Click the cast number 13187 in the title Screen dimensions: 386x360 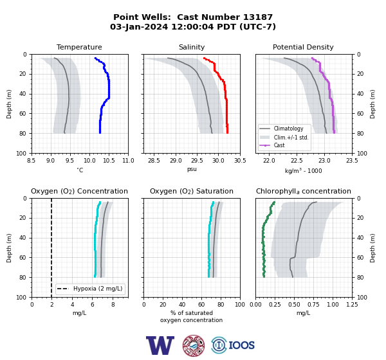click(x=258, y=17)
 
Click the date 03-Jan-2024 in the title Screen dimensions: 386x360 click(x=139, y=26)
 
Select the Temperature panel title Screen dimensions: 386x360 click(x=79, y=47)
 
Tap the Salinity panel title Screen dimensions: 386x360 click(x=192, y=47)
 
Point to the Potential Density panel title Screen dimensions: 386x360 click(x=303, y=47)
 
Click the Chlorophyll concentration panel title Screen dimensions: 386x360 click(x=304, y=191)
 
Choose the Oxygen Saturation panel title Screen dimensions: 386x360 click(x=192, y=191)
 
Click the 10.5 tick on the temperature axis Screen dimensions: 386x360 click(x=109, y=161)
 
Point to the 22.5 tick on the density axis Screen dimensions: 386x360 click(x=297, y=161)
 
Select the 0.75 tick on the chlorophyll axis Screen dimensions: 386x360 click(x=313, y=304)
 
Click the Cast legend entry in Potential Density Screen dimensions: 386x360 click(x=279, y=145)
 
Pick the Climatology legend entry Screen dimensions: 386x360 click(x=288, y=129)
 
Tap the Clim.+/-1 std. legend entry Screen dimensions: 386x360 click(x=291, y=138)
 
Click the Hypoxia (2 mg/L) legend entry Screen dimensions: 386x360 click(x=98, y=289)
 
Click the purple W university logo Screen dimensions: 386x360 click(x=160, y=345)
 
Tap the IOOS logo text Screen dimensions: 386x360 click(x=241, y=345)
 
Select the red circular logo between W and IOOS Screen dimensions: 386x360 click(x=194, y=345)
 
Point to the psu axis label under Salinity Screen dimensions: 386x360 click(x=192, y=169)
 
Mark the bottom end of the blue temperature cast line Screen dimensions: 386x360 click(x=100, y=133)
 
